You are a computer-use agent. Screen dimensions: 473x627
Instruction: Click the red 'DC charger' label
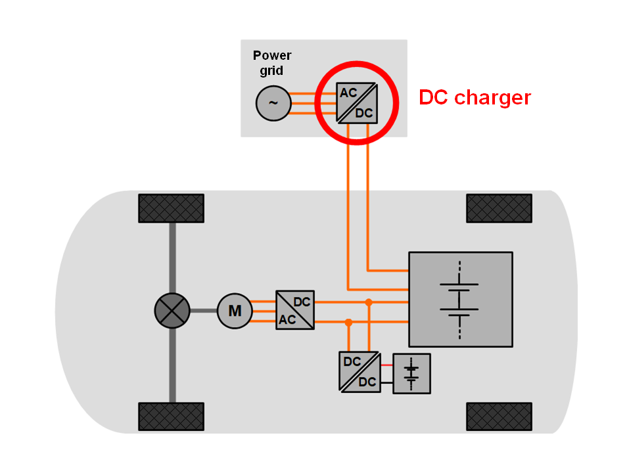coord(475,98)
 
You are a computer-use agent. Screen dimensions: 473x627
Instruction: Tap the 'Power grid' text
coord(272,62)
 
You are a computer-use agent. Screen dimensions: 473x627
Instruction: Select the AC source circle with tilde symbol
coord(272,103)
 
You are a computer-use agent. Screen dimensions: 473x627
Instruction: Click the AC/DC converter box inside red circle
coord(356,102)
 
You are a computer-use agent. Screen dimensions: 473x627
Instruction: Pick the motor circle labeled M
coord(235,310)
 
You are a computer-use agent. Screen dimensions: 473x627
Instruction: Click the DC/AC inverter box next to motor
coord(294,310)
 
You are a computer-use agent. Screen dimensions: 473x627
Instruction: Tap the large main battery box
coord(460,299)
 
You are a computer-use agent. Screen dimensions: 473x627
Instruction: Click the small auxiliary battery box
coord(411,373)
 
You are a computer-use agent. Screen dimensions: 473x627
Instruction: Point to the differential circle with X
coord(172,310)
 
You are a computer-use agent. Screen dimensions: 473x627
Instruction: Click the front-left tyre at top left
coord(171,208)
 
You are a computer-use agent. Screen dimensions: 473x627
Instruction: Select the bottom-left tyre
coord(171,417)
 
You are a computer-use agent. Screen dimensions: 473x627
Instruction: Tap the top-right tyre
coord(499,208)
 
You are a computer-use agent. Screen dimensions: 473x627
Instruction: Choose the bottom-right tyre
coord(499,417)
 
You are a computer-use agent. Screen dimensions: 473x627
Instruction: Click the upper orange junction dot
coord(369,302)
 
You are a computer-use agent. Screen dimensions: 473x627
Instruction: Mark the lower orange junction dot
coord(349,323)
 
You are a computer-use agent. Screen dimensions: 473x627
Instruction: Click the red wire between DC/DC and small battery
coord(386,364)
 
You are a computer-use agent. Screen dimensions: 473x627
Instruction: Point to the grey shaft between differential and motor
coord(204,310)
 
